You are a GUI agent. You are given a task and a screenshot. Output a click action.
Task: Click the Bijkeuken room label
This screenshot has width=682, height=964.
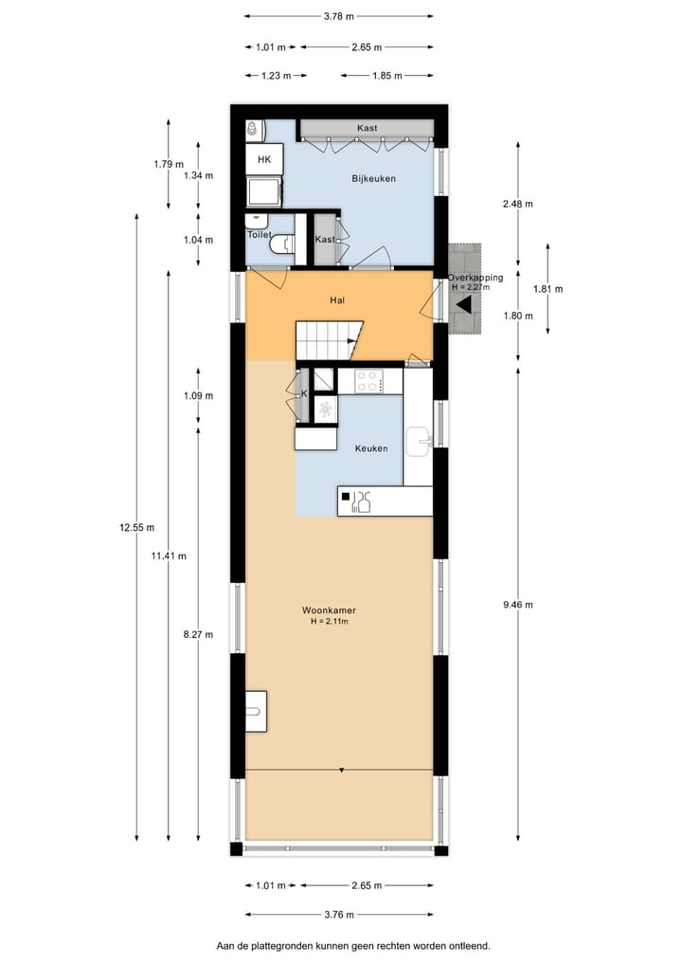coord(373,178)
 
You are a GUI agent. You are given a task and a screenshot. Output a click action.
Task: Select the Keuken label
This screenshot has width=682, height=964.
coord(370,448)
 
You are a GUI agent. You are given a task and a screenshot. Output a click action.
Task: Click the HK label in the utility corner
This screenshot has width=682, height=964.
coord(264,159)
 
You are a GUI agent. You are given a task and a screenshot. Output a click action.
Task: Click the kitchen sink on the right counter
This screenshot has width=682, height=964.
coord(420,439)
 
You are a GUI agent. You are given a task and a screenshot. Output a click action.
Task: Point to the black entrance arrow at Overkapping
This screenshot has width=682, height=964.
coord(464,304)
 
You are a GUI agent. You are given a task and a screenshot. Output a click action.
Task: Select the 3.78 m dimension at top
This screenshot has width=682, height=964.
coord(338,16)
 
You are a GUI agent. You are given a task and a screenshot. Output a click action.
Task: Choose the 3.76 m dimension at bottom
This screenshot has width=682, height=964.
coord(337,915)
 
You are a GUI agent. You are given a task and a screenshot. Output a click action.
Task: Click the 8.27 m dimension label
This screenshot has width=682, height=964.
coord(198,634)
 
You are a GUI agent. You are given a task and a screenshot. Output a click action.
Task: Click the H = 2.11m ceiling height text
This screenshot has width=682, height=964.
coord(330,622)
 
